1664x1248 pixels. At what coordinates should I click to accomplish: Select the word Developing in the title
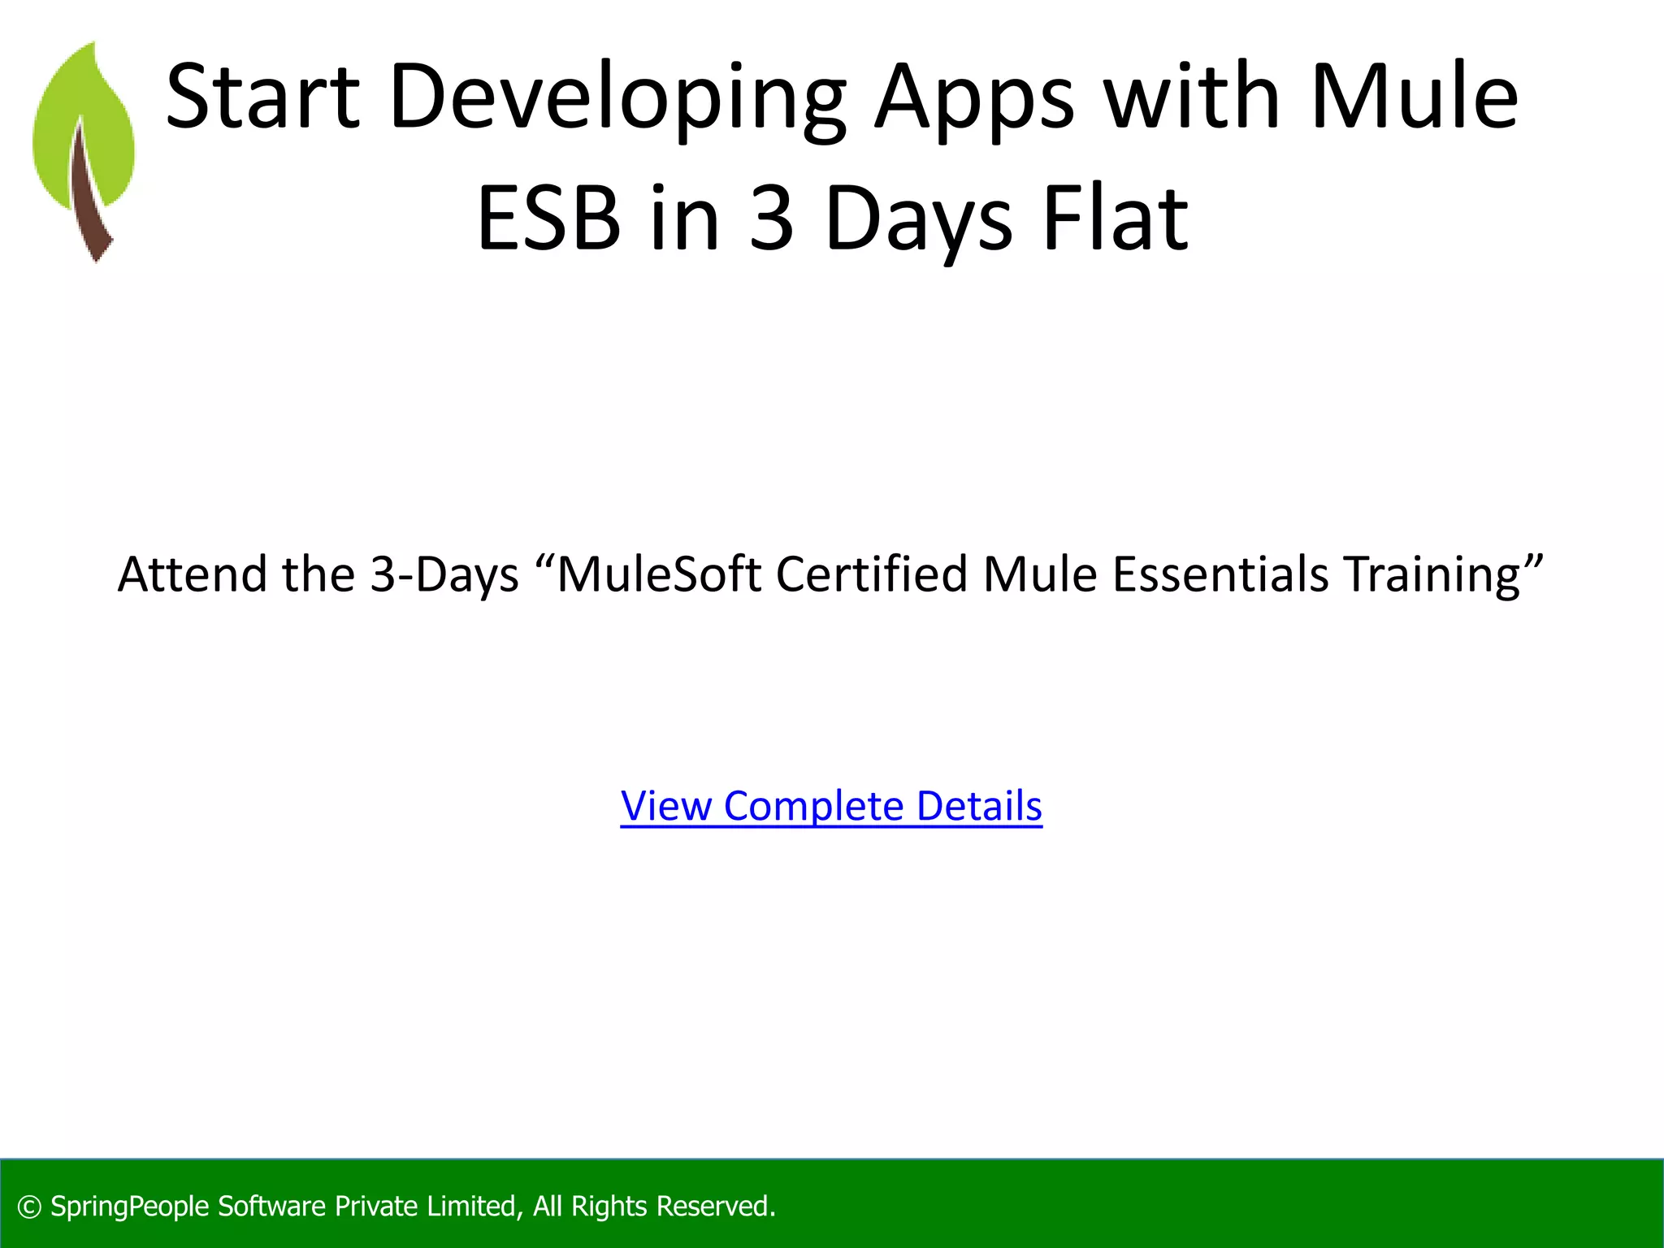pyautogui.click(x=617, y=99)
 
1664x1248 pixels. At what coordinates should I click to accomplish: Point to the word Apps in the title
pyautogui.click(x=975, y=99)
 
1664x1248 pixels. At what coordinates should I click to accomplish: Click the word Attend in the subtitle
pyautogui.click(x=193, y=574)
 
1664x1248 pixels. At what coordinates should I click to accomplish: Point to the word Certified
pyautogui.click(x=872, y=574)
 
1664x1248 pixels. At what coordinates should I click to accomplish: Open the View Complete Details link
pyautogui.click(x=831, y=806)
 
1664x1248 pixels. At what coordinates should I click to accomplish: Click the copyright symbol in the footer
pyautogui.click(x=29, y=1207)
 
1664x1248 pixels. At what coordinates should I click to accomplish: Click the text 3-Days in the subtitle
pyautogui.click(x=444, y=574)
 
